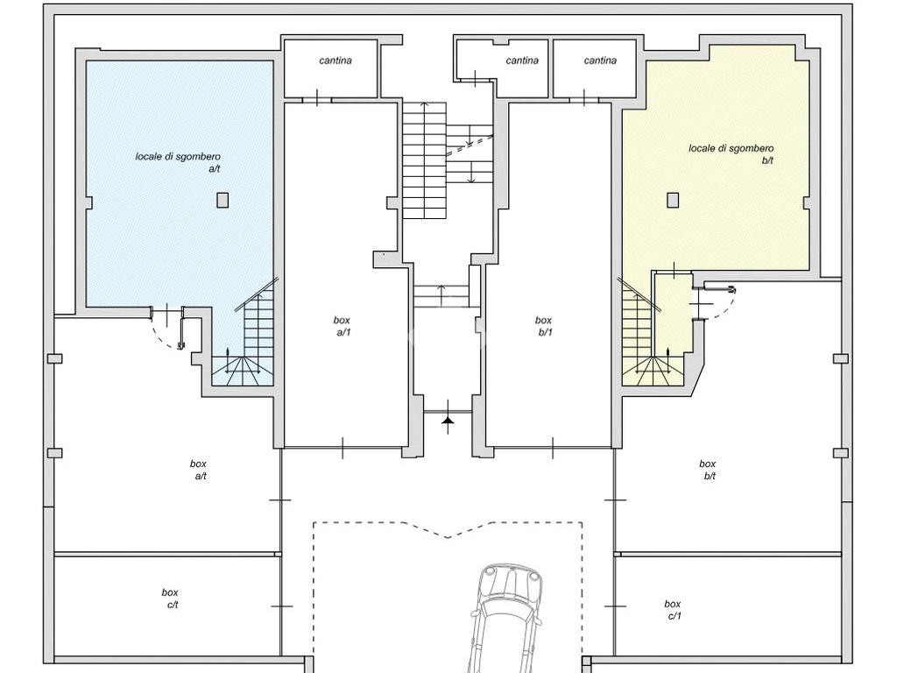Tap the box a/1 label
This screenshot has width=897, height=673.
tap(343, 326)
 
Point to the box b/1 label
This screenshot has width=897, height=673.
tap(544, 326)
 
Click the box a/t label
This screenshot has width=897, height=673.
tap(199, 470)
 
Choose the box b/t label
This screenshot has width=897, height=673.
tap(708, 470)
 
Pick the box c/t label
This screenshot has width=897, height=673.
tap(170, 599)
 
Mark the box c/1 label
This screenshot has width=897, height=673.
tap(673, 610)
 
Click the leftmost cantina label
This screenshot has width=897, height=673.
tap(335, 60)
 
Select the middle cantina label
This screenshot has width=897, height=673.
tap(522, 60)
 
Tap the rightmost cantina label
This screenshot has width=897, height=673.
tap(600, 60)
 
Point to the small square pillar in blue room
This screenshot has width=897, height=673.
tap(222, 200)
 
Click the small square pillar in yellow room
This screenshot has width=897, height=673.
tap(673, 200)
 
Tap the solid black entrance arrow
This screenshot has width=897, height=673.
tap(448, 422)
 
